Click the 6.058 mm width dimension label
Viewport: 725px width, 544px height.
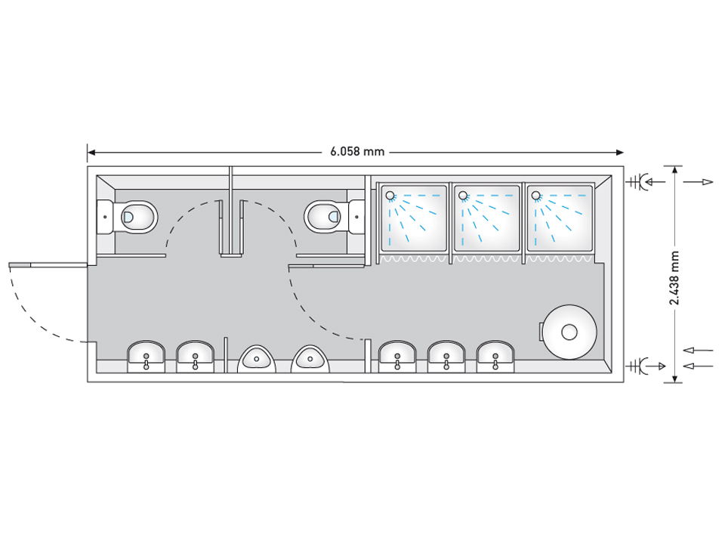coord(357,152)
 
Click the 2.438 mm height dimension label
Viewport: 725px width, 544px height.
coord(674,277)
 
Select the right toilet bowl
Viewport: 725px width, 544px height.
coord(323,217)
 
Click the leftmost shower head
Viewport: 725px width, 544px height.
coord(390,196)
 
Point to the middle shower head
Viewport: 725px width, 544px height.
coord(463,196)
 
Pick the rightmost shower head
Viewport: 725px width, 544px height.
coord(536,196)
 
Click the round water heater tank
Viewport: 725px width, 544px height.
coord(569,332)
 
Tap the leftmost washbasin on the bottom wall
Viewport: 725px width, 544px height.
coord(146,356)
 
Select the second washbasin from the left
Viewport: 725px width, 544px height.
coord(195,356)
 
